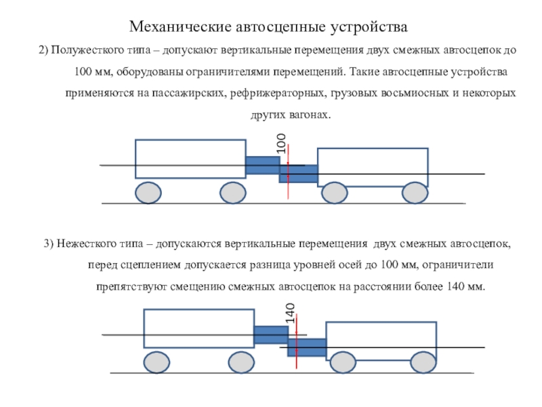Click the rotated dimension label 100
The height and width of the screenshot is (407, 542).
coord(280,144)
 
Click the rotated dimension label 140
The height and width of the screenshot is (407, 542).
coord(290,313)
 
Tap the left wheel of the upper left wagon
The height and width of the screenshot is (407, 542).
coord(148,193)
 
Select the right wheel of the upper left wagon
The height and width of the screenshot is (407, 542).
coord(232,193)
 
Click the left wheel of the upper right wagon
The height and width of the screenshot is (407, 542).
coord(333,193)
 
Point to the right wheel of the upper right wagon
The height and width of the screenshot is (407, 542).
coord(415,193)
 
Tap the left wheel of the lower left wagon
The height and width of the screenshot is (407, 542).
coord(156,362)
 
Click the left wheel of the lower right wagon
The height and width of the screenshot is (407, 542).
coord(342,362)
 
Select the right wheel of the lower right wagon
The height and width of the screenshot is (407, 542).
coord(423,362)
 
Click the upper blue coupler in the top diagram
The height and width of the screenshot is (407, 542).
coord(262,166)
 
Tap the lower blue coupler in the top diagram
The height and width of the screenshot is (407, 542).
coord(299,174)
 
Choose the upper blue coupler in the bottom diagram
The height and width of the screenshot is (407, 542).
coord(271,335)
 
